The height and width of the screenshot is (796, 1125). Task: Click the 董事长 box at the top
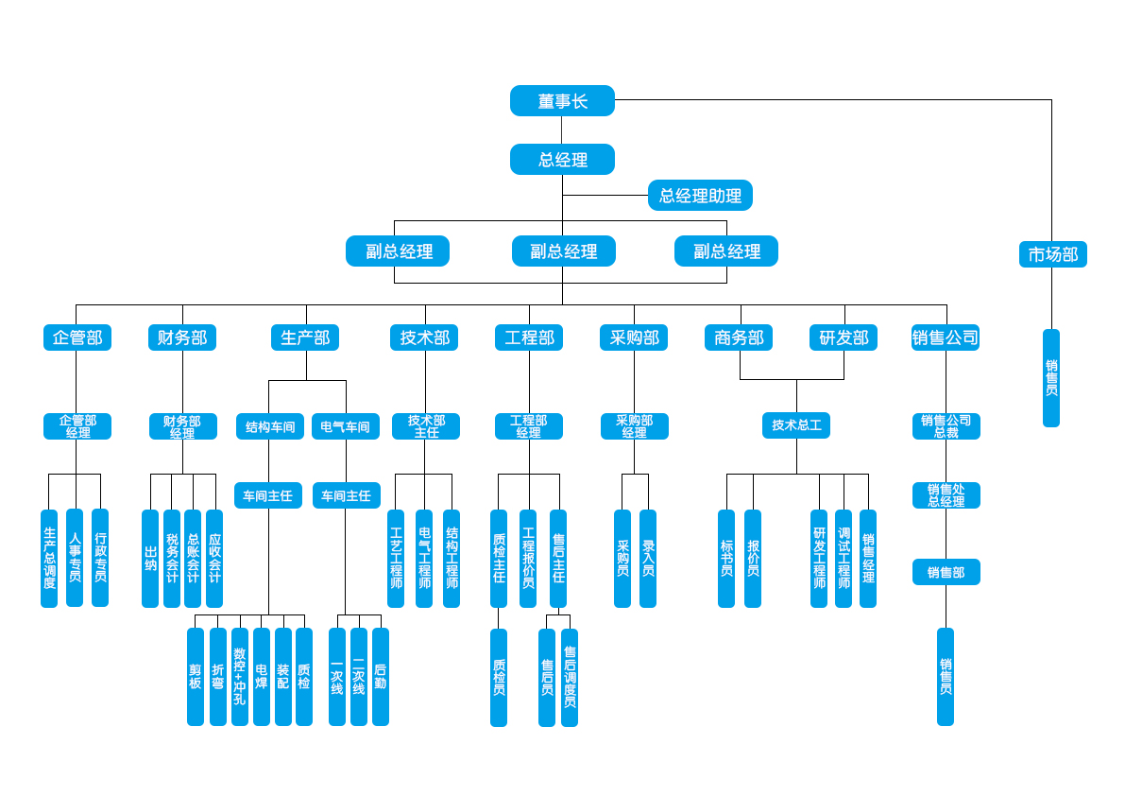pyautogui.click(x=562, y=101)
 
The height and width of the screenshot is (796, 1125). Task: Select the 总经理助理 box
pyautogui.click(x=700, y=196)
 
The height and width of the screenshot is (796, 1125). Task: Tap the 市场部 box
pyautogui.click(x=1052, y=254)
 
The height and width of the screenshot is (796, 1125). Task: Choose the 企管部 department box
pyautogui.click(x=77, y=337)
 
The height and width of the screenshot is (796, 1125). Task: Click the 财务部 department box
pyautogui.click(x=182, y=337)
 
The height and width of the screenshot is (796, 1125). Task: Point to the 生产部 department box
pyautogui.click(x=305, y=337)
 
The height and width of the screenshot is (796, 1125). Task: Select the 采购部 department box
pyautogui.click(x=634, y=337)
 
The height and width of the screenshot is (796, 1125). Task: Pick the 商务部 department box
pyautogui.click(x=739, y=337)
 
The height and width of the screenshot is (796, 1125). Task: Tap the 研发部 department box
pyautogui.click(x=844, y=337)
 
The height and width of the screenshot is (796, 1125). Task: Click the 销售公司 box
pyautogui.click(x=946, y=337)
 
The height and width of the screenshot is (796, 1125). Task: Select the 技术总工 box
pyautogui.click(x=796, y=425)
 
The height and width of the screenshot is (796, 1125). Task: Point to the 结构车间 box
pyautogui.click(x=270, y=426)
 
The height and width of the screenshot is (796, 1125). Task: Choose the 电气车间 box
pyautogui.click(x=346, y=426)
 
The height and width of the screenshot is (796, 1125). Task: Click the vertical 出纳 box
pyautogui.click(x=150, y=558)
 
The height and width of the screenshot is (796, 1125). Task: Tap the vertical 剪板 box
pyautogui.click(x=196, y=676)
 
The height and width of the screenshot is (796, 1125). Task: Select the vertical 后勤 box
pyautogui.click(x=381, y=676)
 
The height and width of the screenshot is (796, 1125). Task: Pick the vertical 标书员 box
pyautogui.click(x=726, y=558)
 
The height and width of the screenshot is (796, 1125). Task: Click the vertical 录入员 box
pyautogui.click(x=648, y=558)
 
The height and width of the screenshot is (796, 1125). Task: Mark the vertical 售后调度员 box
pyautogui.click(x=570, y=677)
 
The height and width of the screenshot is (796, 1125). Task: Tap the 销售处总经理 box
pyautogui.click(x=946, y=495)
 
